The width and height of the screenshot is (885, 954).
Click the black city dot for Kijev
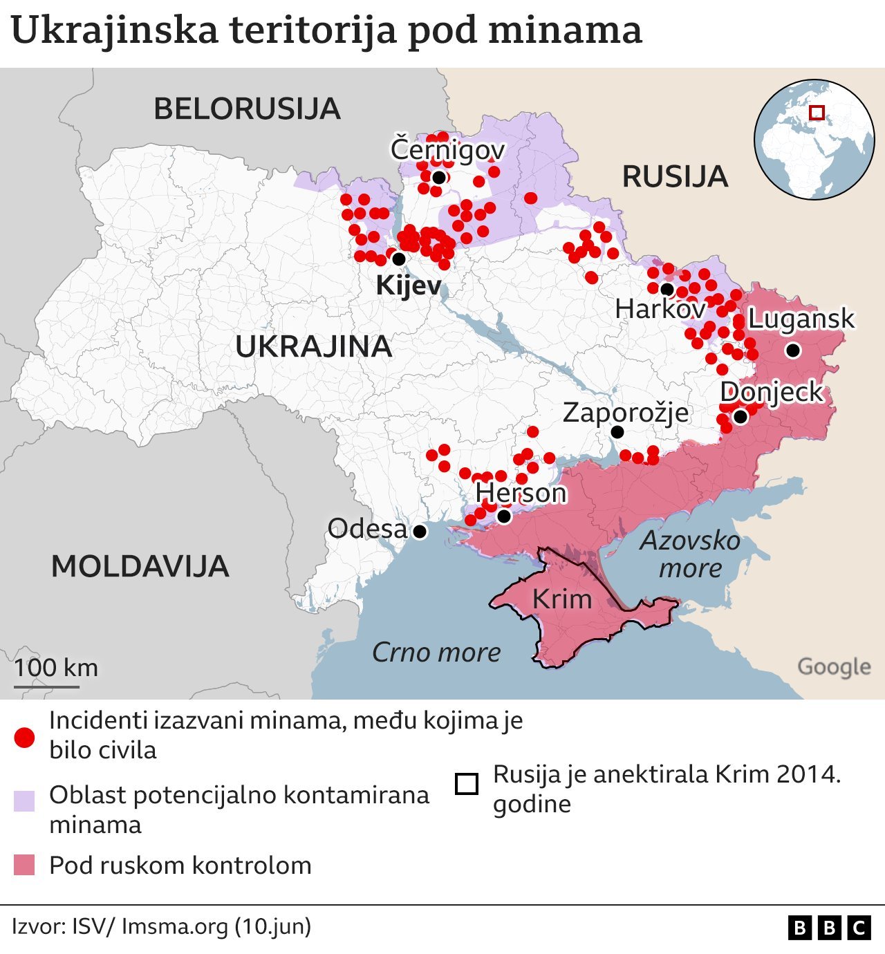click(x=399, y=259)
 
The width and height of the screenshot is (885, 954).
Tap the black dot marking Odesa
click(x=420, y=532)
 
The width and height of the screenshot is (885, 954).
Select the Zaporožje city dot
click(x=617, y=432)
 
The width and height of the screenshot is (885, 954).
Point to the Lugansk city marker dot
click(x=793, y=350)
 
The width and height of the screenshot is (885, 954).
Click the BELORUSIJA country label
click(x=247, y=109)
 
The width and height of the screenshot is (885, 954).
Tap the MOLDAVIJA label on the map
click(x=140, y=567)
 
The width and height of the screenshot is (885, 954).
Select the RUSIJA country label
click(x=675, y=177)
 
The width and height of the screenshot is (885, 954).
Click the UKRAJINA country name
click(x=313, y=346)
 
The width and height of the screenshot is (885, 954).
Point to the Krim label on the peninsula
click(x=562, y=599)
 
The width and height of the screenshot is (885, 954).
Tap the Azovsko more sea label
click(x=690, y=554)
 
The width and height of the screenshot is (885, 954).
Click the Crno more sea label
click(x=436, y=653)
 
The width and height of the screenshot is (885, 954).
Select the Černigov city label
click(x=447, y=150)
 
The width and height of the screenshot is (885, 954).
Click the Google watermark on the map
click(x=834, y=667)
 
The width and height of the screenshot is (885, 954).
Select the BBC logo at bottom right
click(x=829, y=928)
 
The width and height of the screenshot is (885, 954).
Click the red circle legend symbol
click(x=24, y=738)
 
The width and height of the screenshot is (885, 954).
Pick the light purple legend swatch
click(x=24, y=801)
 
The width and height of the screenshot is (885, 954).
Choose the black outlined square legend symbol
click(x=467, y=784)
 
